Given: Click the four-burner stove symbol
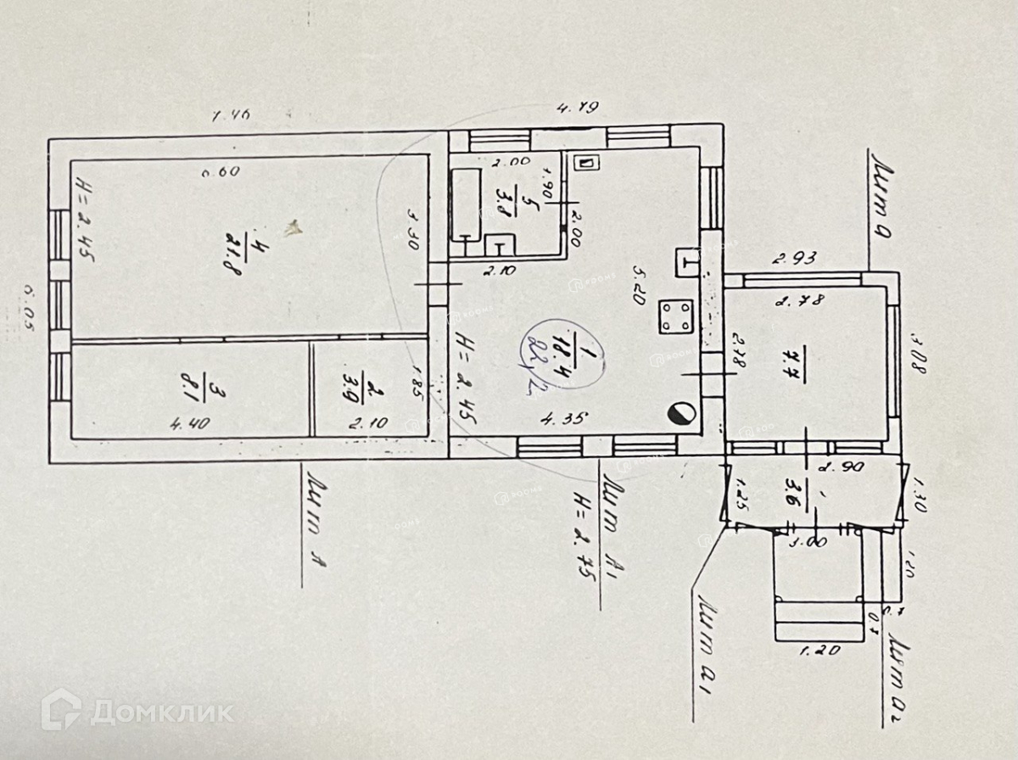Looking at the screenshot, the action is (x=676, y=318).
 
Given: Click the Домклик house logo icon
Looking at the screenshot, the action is (x=61, y=709).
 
